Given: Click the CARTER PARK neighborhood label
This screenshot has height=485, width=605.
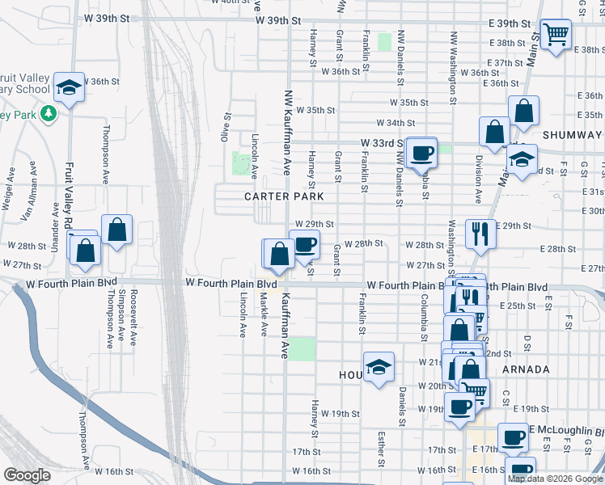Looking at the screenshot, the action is click(x=285, y=196).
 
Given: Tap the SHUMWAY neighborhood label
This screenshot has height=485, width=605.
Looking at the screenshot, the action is click(x=573, y=135).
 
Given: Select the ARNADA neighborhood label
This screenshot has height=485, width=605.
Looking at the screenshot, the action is click(x=526, y=369).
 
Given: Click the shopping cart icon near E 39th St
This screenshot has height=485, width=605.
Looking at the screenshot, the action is click(x=556, y=35).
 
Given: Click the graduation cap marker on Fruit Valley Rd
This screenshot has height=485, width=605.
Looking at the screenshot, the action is click(x=69, y=86).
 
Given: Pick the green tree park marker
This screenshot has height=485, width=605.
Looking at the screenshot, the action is click(x=49, y=114).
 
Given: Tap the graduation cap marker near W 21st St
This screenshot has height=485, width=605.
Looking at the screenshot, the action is click(x=378, y=367).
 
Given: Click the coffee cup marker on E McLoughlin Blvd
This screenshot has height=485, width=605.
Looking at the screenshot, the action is click(x=512, y=437).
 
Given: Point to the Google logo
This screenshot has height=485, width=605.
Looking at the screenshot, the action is click(x=27, y=475).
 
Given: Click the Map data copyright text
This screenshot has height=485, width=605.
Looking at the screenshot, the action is click(x=554, y=479).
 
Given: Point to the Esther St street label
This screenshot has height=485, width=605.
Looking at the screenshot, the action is click(x=380, y=449).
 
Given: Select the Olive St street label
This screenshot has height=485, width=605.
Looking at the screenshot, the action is click(x=227, y=128).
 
